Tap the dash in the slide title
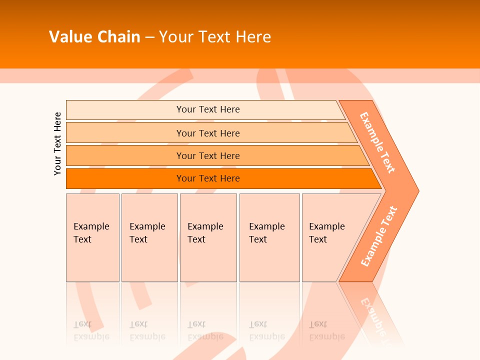tap(149, 37)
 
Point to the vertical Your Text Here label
tap(57, 143)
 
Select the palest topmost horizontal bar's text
tap(208, 109)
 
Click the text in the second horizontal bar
tap(208, 133)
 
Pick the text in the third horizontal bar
tap(208, 155)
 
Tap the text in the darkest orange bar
tap(208, 178)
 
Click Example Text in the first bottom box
tap(91, 233)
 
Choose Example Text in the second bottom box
tap(147, 233)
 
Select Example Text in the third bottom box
tap(205, 233)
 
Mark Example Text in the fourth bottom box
tap(266, 233)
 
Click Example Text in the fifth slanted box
tap(326, 233)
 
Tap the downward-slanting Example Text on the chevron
tap(377, 142)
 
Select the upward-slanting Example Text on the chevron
tap(379, 236)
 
